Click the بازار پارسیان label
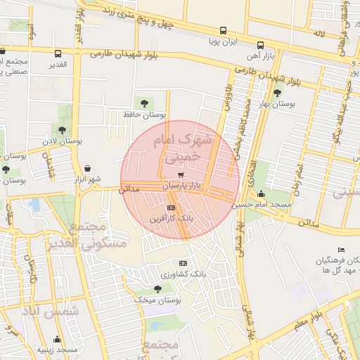(x=182, y=186)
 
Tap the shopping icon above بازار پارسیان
(x=181, y=174)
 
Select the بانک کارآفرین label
(x=171, y=219)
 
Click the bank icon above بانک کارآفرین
(x=172, y=207)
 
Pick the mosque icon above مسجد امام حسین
(x=262, y=193)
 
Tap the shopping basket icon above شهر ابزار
(x=88, y=169)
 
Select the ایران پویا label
(x=223, y=41)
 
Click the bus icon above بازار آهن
(x=261, y=42)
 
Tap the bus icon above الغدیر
(x=58, y=53)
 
